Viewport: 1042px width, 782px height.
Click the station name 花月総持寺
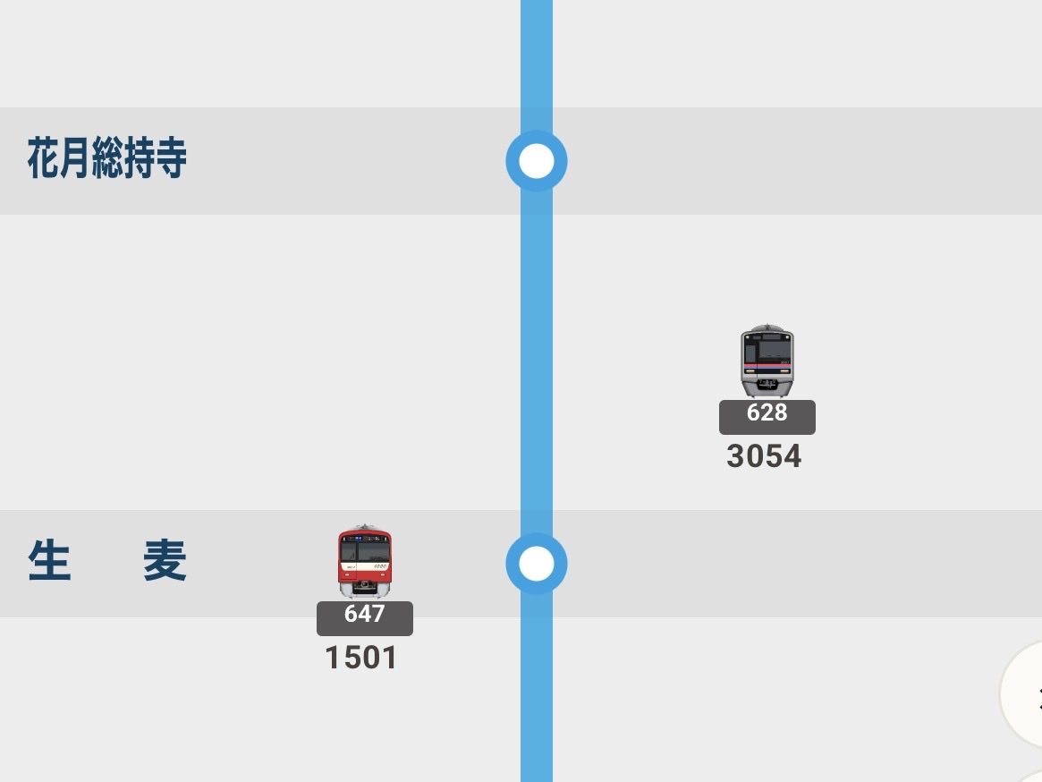point(107,157)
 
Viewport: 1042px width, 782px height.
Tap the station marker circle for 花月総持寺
point(537,161)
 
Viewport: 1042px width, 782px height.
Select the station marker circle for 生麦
point(537,564)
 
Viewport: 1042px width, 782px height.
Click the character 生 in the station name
point(50,561)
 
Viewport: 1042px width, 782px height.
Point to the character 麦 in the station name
point(165,561)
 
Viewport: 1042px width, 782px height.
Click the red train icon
point(365,561)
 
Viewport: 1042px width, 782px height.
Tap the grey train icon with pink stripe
point(767,361)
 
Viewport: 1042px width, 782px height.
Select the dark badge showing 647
point(365,618)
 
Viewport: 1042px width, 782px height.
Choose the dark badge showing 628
point(767,417)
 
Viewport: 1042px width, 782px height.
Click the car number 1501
point(360,658)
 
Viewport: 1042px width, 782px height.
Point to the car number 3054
point(764,456)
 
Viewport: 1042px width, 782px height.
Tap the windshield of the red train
point(365,550)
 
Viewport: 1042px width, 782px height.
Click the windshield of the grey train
point(767,350)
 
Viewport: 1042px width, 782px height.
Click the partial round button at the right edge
point(1022,693)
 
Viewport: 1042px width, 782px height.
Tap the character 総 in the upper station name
point(107,157)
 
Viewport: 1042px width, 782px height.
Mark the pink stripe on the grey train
point(767,366)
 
